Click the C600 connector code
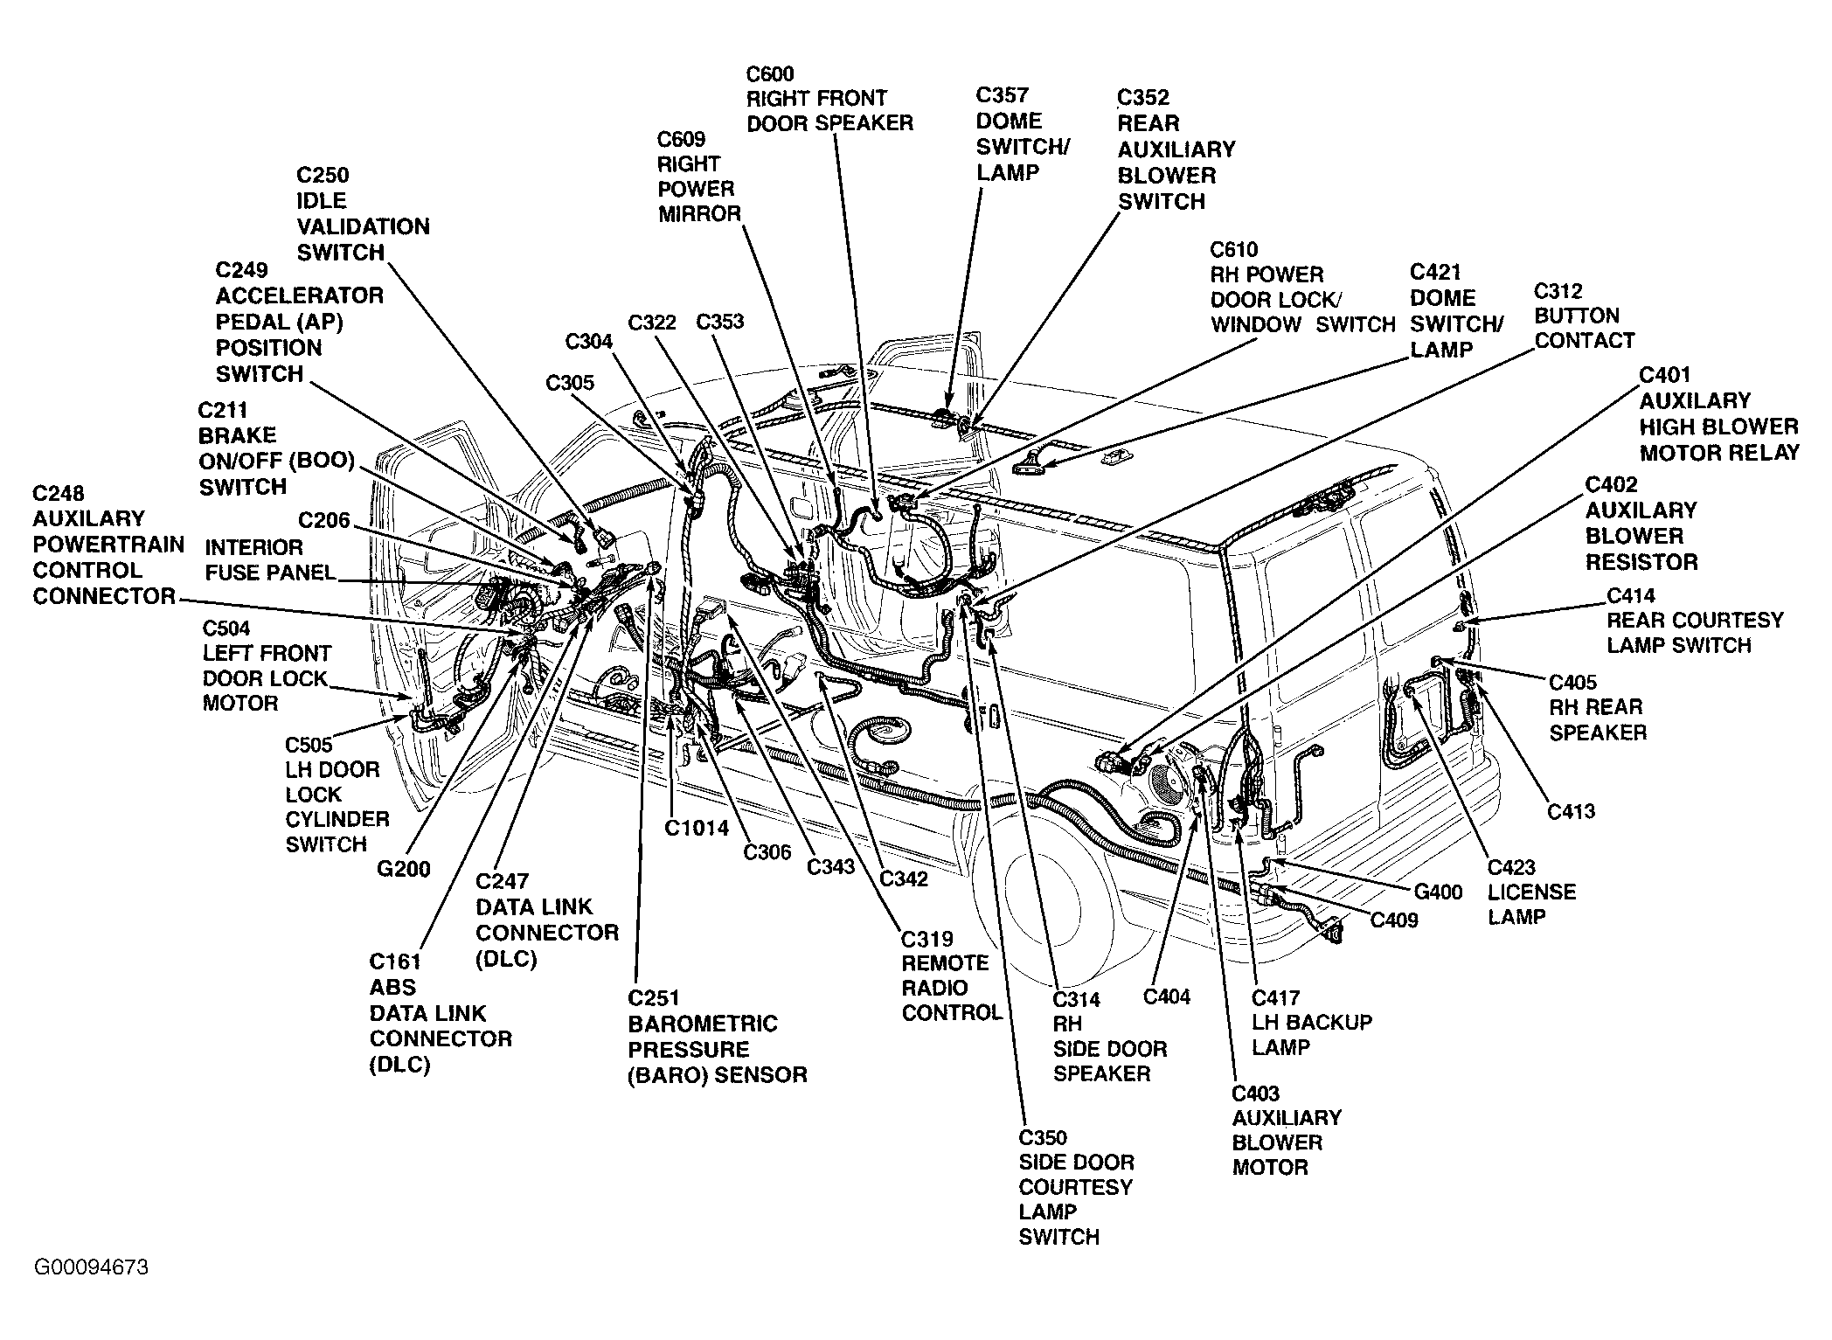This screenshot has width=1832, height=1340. click(x=770, y=73)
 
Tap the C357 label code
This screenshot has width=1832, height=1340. click(x=1003, y=95)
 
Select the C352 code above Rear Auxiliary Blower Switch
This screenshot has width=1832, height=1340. click(x=1143, y=97)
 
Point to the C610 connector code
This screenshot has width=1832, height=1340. click(x=1234, y=250)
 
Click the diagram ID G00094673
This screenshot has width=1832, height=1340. click(x=92, y=1267)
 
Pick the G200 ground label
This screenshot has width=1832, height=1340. click(x=404, y=869)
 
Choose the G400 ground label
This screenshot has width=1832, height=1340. click(x=1439, y=892)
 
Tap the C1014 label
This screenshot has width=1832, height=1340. click(x=697, y=828)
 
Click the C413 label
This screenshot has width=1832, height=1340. click(x=1572, y=811)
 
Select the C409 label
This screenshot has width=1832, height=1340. click(x=1394, y=920)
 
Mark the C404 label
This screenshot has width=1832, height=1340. click(x=1167, y=996)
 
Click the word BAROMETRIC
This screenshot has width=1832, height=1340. click(x=703, y=1024)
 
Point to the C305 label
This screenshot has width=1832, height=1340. click(x=570, y=383)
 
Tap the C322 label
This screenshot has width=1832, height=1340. click(x=652, y=323)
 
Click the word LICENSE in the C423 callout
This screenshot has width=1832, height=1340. click(x=1532, y=892)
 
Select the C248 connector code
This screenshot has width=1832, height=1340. click(x=59, y=493)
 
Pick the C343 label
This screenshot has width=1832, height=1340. click(x=830, y=867)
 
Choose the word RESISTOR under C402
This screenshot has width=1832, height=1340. click(x=1641, y=562)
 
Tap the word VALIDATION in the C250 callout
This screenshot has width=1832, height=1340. click(x=363, y=227)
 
